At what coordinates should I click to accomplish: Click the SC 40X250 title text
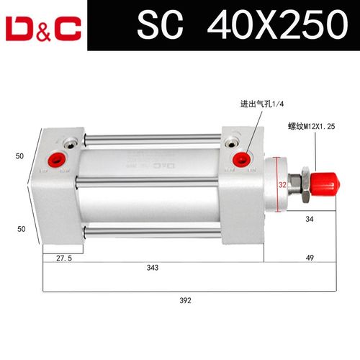click(x=238, y=26)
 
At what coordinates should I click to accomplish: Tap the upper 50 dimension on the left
click(x=21, y=154)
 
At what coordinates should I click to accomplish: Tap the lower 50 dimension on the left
click(x=21, y=228)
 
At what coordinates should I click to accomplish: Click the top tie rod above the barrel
click(x=151, y=137)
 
